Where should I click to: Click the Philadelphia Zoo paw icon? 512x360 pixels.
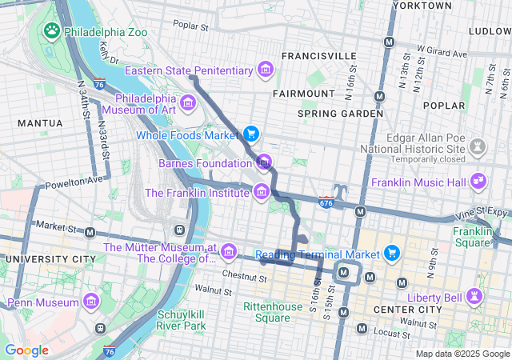[52, 30]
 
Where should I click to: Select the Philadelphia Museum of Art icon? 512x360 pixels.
[188, 102]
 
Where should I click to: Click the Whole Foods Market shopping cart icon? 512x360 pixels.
[251, 134]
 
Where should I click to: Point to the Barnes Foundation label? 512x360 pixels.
[205, 163]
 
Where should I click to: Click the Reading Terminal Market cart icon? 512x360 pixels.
[392, 254]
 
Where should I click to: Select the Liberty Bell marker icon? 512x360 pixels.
[476, 295]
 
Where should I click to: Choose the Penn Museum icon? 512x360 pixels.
[91, 302]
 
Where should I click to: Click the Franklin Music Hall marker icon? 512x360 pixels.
[478, 182]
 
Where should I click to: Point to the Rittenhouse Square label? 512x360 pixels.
[266, 312]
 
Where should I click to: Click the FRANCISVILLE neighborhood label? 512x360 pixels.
[318, 56]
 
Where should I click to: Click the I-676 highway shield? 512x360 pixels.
[326, 202]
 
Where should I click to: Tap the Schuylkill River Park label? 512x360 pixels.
[182, 320]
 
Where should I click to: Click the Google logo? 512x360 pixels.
[26, 350]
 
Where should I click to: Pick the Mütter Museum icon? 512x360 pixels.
[229, 253]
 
